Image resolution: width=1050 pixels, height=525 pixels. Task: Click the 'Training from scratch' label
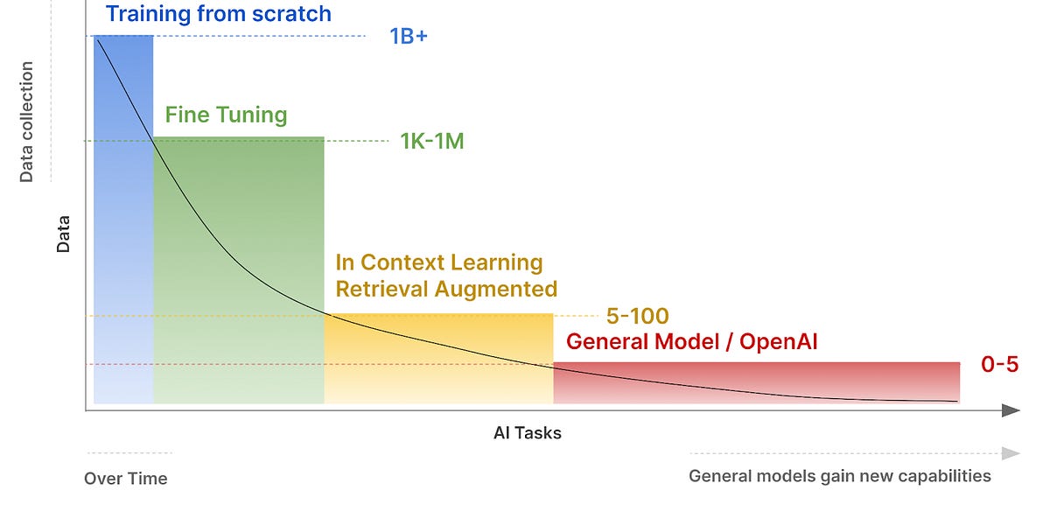click(218, 14)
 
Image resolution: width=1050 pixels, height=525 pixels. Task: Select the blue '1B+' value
click(409, 37)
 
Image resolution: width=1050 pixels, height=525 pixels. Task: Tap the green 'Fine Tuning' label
click(226, 115)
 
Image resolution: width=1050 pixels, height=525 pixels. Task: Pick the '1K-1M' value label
click(431, 141)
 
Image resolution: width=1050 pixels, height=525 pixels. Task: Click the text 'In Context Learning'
click(439, 262)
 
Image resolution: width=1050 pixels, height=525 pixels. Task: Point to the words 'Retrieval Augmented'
click(446, 289)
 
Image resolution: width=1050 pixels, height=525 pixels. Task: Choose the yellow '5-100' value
click(637, 316)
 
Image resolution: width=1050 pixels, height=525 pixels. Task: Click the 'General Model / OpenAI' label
click(692, 341)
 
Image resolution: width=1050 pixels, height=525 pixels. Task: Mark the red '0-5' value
click(999, 365)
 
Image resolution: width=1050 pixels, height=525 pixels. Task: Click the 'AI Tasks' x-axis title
click(527, 433)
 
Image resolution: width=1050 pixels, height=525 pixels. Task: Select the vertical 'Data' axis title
click(63, 234)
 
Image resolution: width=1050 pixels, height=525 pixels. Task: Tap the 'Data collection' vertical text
click(26, 122)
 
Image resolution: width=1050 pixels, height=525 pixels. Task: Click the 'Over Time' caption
click(125, 479)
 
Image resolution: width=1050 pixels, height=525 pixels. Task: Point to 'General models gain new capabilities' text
click(839, 476)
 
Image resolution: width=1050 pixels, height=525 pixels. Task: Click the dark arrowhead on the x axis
click(1011, 410)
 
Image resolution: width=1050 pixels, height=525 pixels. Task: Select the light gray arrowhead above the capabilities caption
click(1011, 453)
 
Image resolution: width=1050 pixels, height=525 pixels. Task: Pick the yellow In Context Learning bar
click(438, 358)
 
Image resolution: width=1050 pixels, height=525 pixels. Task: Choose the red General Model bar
click(756, 382)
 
